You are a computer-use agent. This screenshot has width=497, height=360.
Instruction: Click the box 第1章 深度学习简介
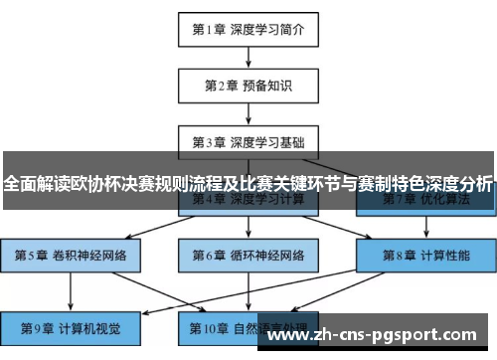click(x=248, y=29)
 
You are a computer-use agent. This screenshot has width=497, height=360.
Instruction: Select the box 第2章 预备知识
click(x=248, y=86)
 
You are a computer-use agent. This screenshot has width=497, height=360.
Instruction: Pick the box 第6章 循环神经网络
click(x=248, y=255)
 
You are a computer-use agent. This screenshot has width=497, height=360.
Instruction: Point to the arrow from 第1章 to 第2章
click(x=248, y=57)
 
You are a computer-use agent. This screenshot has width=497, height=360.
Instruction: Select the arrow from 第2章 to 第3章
click(x=248, y=112)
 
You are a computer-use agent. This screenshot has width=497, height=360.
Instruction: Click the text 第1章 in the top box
click(x=210, y=29)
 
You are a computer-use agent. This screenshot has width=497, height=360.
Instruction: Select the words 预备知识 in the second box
click(x=267, y=86)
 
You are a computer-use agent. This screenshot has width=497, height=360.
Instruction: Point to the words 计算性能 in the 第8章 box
click(x=443, y=255)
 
